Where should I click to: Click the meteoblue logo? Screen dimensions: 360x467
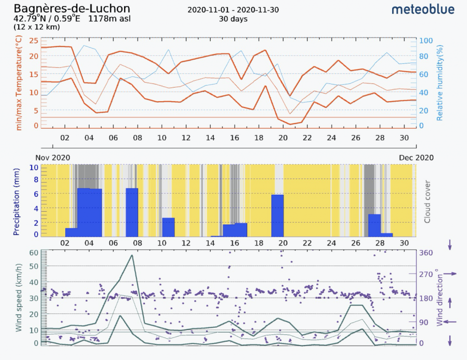click(423, 9)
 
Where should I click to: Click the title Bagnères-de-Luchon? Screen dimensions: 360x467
click(72, 8)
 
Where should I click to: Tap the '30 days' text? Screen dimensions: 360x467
click(233, 19)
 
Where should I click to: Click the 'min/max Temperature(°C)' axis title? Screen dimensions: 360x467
click(19, 84)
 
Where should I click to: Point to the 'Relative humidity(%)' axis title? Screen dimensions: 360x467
click(440, 83)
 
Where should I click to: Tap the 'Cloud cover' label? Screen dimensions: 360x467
click(427, 201)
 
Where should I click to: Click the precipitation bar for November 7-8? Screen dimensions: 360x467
click(132, 212)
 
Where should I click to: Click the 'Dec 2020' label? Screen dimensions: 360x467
click(416, 157)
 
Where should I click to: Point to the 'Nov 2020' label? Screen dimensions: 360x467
click(53, 157)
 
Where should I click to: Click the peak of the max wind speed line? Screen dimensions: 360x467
click(132, 255)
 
